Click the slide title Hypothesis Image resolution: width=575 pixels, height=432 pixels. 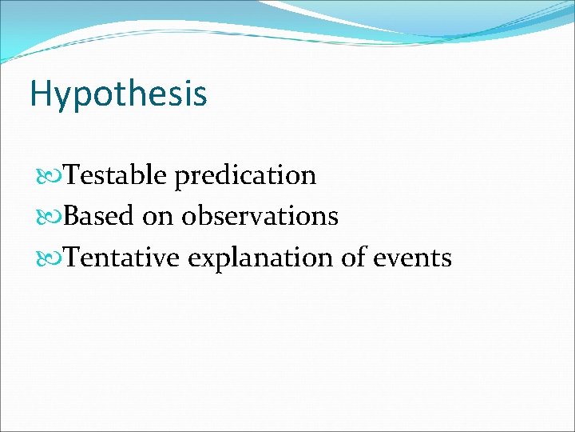click(x=118, y=94)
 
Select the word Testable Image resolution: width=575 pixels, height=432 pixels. click(x=116, y=174)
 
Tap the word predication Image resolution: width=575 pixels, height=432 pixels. click(x=245, y=175)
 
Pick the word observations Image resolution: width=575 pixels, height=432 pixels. click(x=260, y=216)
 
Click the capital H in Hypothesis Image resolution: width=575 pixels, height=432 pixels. click(x=39, y=94)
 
